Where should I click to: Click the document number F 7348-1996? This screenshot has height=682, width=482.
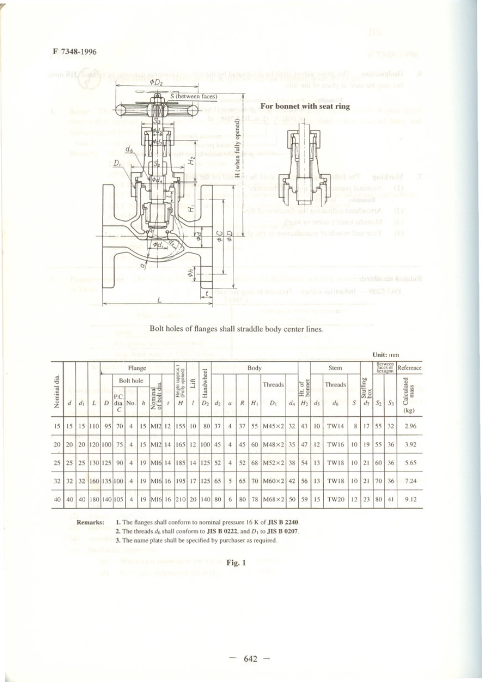(74, 52)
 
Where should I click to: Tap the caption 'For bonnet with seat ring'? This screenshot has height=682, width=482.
(305, 106)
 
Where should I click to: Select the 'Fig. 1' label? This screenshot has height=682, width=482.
(236, 562)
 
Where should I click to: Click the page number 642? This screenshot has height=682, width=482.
(250, 659)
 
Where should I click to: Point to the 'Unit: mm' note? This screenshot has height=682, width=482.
(386, 355)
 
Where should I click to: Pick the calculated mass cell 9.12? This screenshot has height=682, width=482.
(410, 499)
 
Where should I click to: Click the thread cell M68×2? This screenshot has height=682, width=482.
(273, 499)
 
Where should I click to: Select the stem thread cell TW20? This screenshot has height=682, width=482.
(335, 499)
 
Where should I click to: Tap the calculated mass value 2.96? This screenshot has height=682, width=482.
(410, 426)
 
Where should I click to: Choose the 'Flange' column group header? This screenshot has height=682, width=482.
(137, 368)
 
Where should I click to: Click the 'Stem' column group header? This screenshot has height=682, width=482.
(335, 368)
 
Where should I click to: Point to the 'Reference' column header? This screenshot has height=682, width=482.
(409, 368)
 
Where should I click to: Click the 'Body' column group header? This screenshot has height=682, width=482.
(254, 368)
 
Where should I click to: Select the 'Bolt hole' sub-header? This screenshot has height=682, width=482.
(131, 381)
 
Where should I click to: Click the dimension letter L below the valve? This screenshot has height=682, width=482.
(159, 300)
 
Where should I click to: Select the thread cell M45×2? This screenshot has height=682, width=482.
(273, 426)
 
